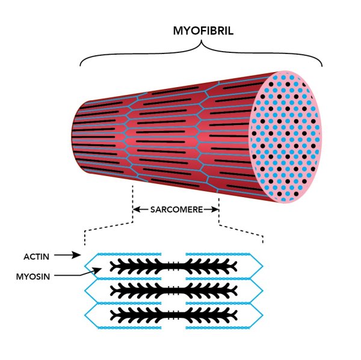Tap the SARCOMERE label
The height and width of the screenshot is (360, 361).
[176, 210]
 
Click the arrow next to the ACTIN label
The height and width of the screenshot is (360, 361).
[68, 255]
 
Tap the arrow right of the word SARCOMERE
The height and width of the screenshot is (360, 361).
[212, 210]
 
